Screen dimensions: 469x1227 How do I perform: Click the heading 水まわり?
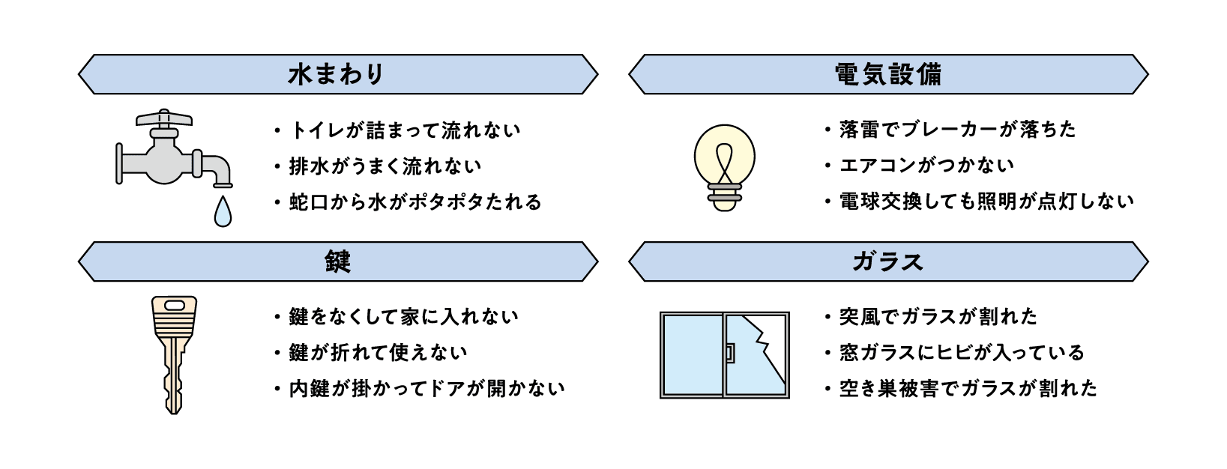pyautogui.click(x=337, y=74)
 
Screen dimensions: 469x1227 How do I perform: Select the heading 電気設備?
pyautogui.click(x=888, y=74)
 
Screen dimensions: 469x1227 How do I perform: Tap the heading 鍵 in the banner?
pyautogui.click(x=338, y=261)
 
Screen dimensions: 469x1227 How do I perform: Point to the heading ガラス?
pyautogui.click(x=888, y=261)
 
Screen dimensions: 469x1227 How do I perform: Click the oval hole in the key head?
pyautogui.click(x=174, y=305)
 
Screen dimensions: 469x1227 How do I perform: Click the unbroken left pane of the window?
pyautogui.click(x=692, y=354)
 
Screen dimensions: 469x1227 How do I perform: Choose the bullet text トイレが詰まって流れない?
pyautogui.click(x=405, y=130)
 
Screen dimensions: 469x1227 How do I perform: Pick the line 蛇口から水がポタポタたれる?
pyautogui.click(x=415, y=202)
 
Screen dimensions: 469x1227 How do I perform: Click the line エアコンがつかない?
pyautogui.click(x=926, y=165)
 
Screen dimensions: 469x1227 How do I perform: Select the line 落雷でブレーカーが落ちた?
pyautogui.click(x=957, y=130)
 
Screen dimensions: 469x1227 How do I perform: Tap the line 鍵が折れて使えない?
pyautogui.click(x=378, y=352)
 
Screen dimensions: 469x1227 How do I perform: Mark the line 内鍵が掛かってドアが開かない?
pyautogui.click(x=426, y=389)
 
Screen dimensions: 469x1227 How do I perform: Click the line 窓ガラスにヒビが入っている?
pyautogui.click(x=962, y=352)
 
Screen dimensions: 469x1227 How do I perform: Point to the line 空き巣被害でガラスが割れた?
pyautogui.click(x=968, y=388)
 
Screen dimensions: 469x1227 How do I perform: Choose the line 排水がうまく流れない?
pyautogui.click(x=385, y=166)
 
